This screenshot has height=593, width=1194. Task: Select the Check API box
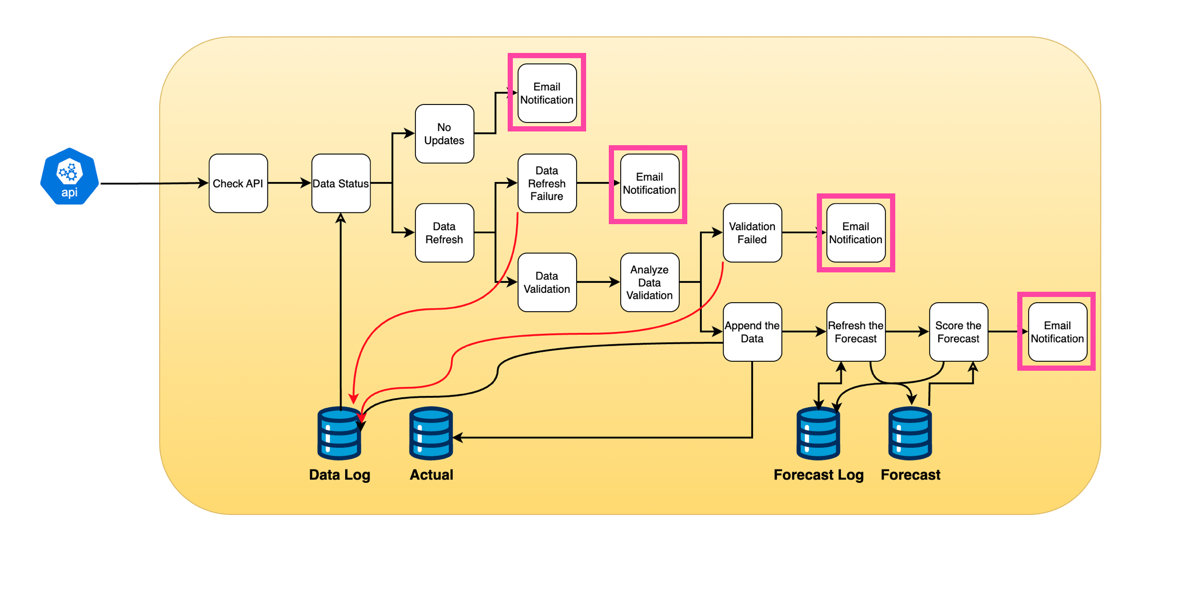pyautogui.click(x=238, y=183)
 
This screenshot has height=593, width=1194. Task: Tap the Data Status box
pyautogui.click(x=341, y=183)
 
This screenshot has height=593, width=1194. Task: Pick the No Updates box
pyautogui.click(x=444, y=134)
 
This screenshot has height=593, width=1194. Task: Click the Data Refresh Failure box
pyautogui.click(x=547, y=183)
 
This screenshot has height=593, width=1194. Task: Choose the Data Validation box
pyautogui.click(x=547, y=282)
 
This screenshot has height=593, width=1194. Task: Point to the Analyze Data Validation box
pyautogui.click(x=649, y=282)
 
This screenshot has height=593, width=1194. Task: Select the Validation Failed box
pyautogui.click(x=752, y=233)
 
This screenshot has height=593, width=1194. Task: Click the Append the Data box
pyautogui.click(x=752, y=332)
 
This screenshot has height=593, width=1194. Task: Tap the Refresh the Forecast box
pyautogui.click(x=856, y=332)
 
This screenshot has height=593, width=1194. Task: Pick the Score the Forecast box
pyautogui.click(x=958, y=332)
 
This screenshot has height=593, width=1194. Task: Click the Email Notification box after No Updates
pyautogui.click(x=547, y=93)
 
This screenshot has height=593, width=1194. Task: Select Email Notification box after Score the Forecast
pyautogui.click(x=1057, y=332)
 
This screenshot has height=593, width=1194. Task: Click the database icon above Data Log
pyautogui.click(x=339, y=434)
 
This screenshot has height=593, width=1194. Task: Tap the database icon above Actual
pyautogui.click(x=431, y=434)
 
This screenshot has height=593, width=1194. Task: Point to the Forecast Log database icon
pyautogui.click(x=818, y=434)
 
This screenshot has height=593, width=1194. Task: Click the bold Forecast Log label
pyautogui.click(x=818, y=475)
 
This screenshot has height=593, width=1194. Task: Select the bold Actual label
pyautogui.click(x=431, y=475)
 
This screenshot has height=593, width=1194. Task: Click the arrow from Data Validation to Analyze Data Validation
pyautogui.click(x=598, y=282)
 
